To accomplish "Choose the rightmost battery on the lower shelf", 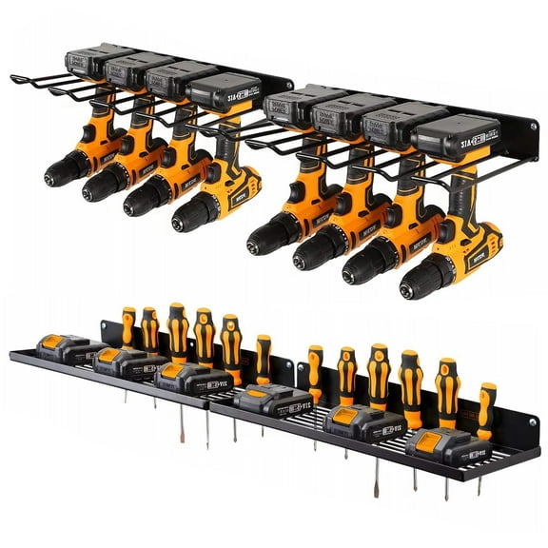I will click(442, 444).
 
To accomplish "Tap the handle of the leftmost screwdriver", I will click(128, 326).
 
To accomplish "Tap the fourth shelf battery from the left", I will click(270, 399).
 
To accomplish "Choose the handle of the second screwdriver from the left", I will click(150, 328).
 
